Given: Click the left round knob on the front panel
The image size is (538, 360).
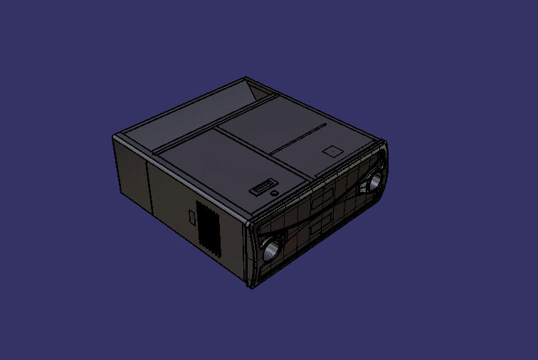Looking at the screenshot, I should tap(271, 249).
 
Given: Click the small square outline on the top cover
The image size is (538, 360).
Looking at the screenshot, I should tap(332, 151).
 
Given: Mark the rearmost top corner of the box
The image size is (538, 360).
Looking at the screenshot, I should tap(246, 78).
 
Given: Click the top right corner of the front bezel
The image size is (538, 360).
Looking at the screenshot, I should tap(385, 142).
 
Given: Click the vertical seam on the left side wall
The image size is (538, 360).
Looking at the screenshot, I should tap(148, 186).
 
